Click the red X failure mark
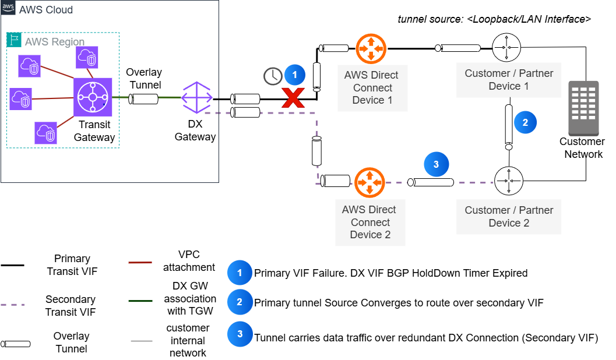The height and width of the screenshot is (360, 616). [294, 98]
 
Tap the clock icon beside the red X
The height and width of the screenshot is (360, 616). [272, 76]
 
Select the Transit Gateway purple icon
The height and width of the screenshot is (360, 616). [92, 97]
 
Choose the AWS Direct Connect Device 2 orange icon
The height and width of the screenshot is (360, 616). [369, 182]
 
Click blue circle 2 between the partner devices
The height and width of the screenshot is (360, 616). [525, 123]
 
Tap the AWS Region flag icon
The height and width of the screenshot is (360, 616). [14, 41]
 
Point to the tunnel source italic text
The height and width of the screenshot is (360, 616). [494, 19]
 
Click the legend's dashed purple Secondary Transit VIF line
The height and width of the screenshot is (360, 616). [13, 305]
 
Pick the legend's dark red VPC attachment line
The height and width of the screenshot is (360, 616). [140, 263]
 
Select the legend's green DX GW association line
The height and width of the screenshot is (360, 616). [140, 301]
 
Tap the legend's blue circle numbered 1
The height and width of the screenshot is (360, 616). [239, 273]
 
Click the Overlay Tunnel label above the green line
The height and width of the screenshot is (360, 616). [144, 79]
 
